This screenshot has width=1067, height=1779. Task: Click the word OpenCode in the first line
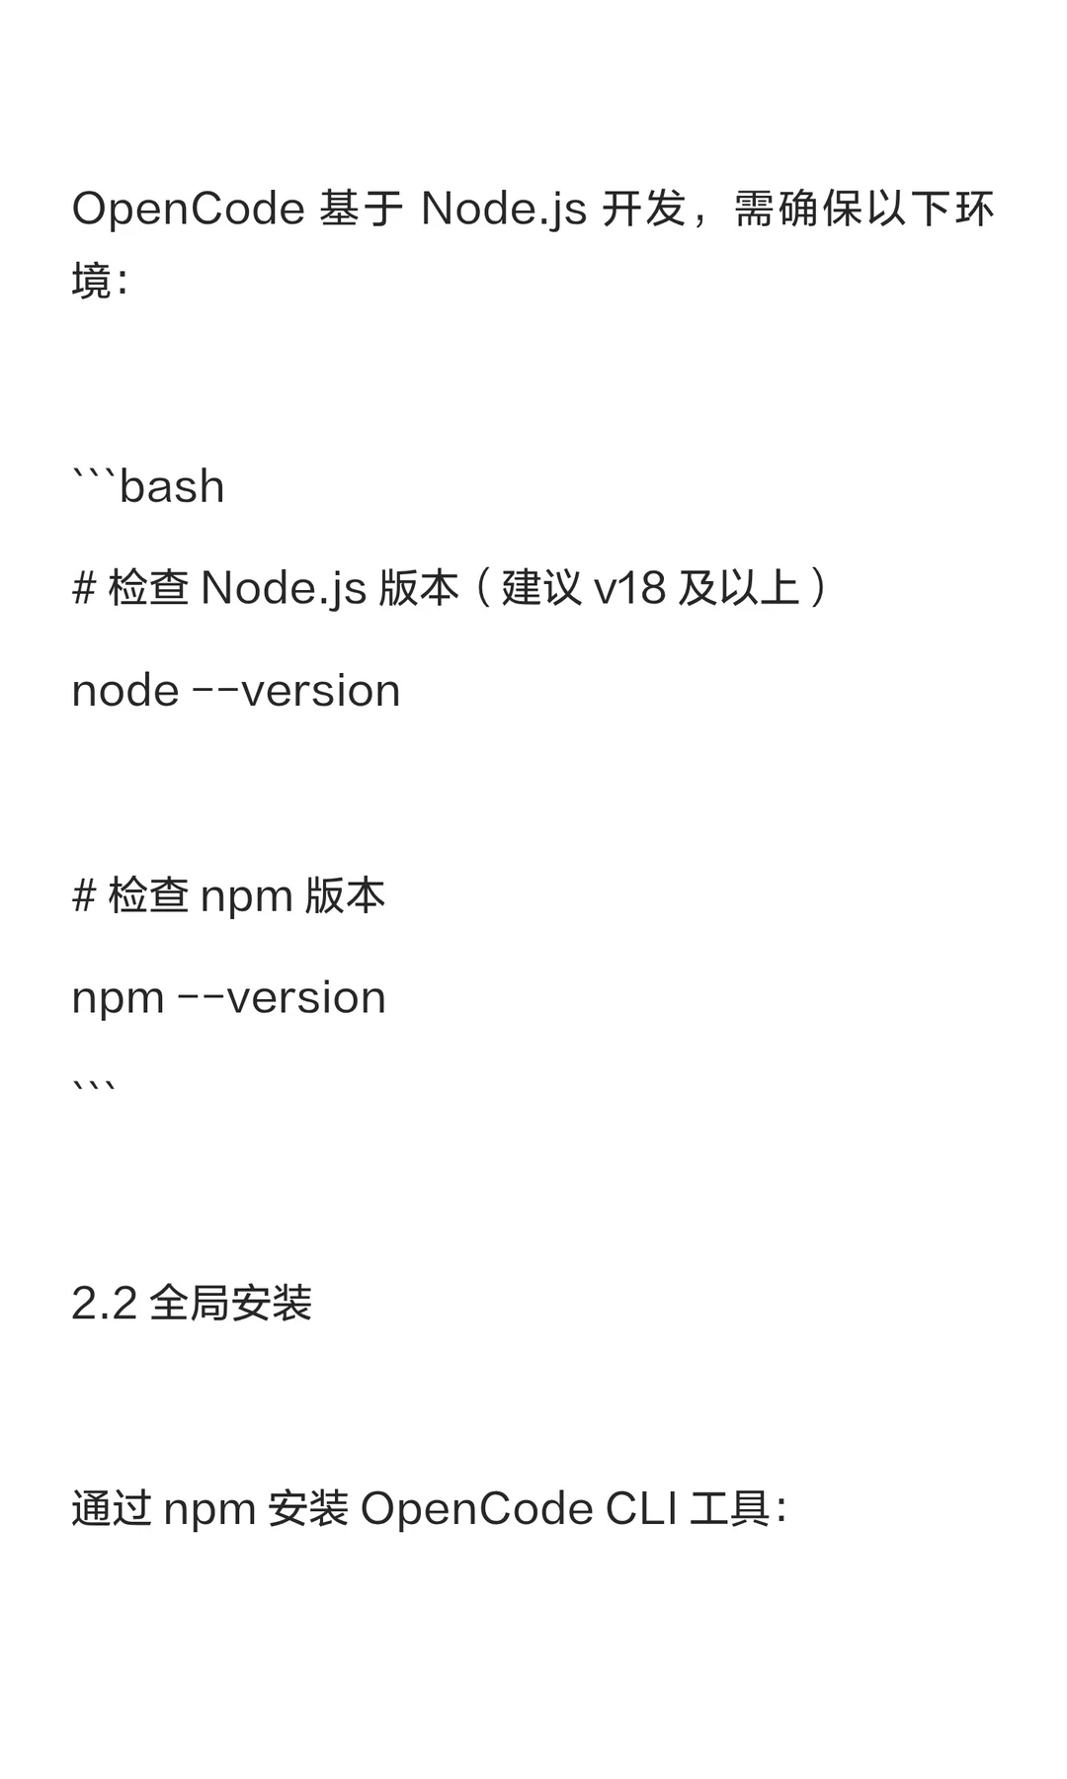pyautogui.click(x=188, y=210)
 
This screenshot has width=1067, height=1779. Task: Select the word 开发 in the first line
pyautogui.click(x=643, y=210)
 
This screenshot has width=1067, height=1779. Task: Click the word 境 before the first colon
pyautogui.click(x=92, y=281)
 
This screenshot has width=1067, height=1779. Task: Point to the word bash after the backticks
pyautogui.click(x=172, y=487)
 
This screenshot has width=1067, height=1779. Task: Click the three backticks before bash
pyautogui.click(x=94, y=475)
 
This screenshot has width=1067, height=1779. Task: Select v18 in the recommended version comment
pyautogui.click(x=629, y=589)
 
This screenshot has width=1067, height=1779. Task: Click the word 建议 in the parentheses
pyautogui.click(x=541, y=588)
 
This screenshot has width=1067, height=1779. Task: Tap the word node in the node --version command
pyautogui.click(x=125, y=691)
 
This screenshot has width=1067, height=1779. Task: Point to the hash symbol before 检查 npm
pyautogui.click(x=84, y=896)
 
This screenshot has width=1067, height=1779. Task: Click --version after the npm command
pyautogui.click(x=282, y=998)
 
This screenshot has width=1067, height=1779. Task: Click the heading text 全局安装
pyautogui.click(x=231, y=1304)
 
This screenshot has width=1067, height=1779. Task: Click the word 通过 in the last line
pyautogui.click(x=112, y=1509)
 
